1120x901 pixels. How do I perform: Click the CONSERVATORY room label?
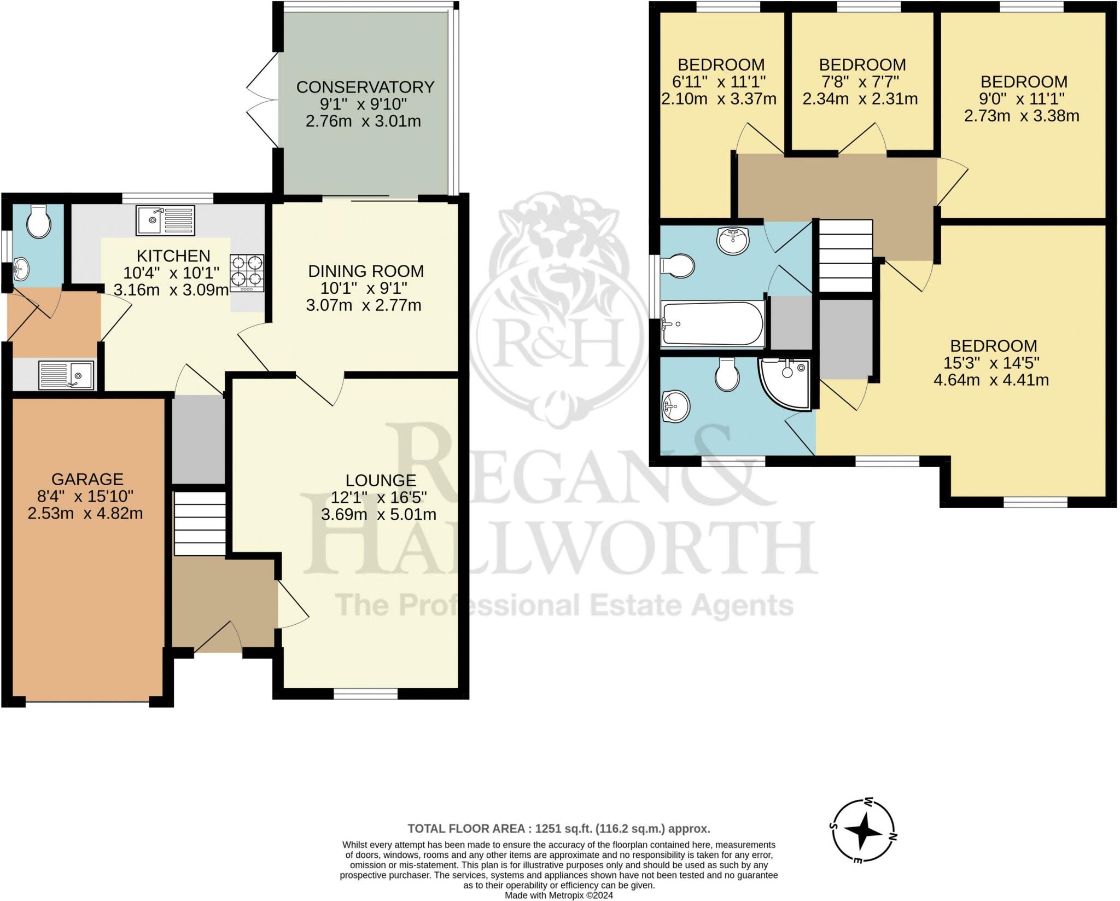tap(365, 87)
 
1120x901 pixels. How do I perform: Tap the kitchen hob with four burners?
tap(247, 273)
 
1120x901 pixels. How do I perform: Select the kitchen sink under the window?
tap(166, 220)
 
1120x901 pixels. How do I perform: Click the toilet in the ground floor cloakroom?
tap(38, 222)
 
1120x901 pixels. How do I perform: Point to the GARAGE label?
tap(87, 479)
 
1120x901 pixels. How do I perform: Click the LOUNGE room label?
tap(381, 480)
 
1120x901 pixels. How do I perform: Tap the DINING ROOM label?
tap(366, 271)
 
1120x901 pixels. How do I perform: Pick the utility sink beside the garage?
tap(66, 375)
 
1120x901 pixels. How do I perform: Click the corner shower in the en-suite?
tap(785, 383)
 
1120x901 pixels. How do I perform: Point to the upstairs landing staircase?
tap(845, 256)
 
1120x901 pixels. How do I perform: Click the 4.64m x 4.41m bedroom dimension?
tap(991, 380)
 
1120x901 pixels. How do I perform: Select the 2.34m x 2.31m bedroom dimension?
tap(860, 99)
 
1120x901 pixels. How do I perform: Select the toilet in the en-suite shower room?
tap(727, 375)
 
